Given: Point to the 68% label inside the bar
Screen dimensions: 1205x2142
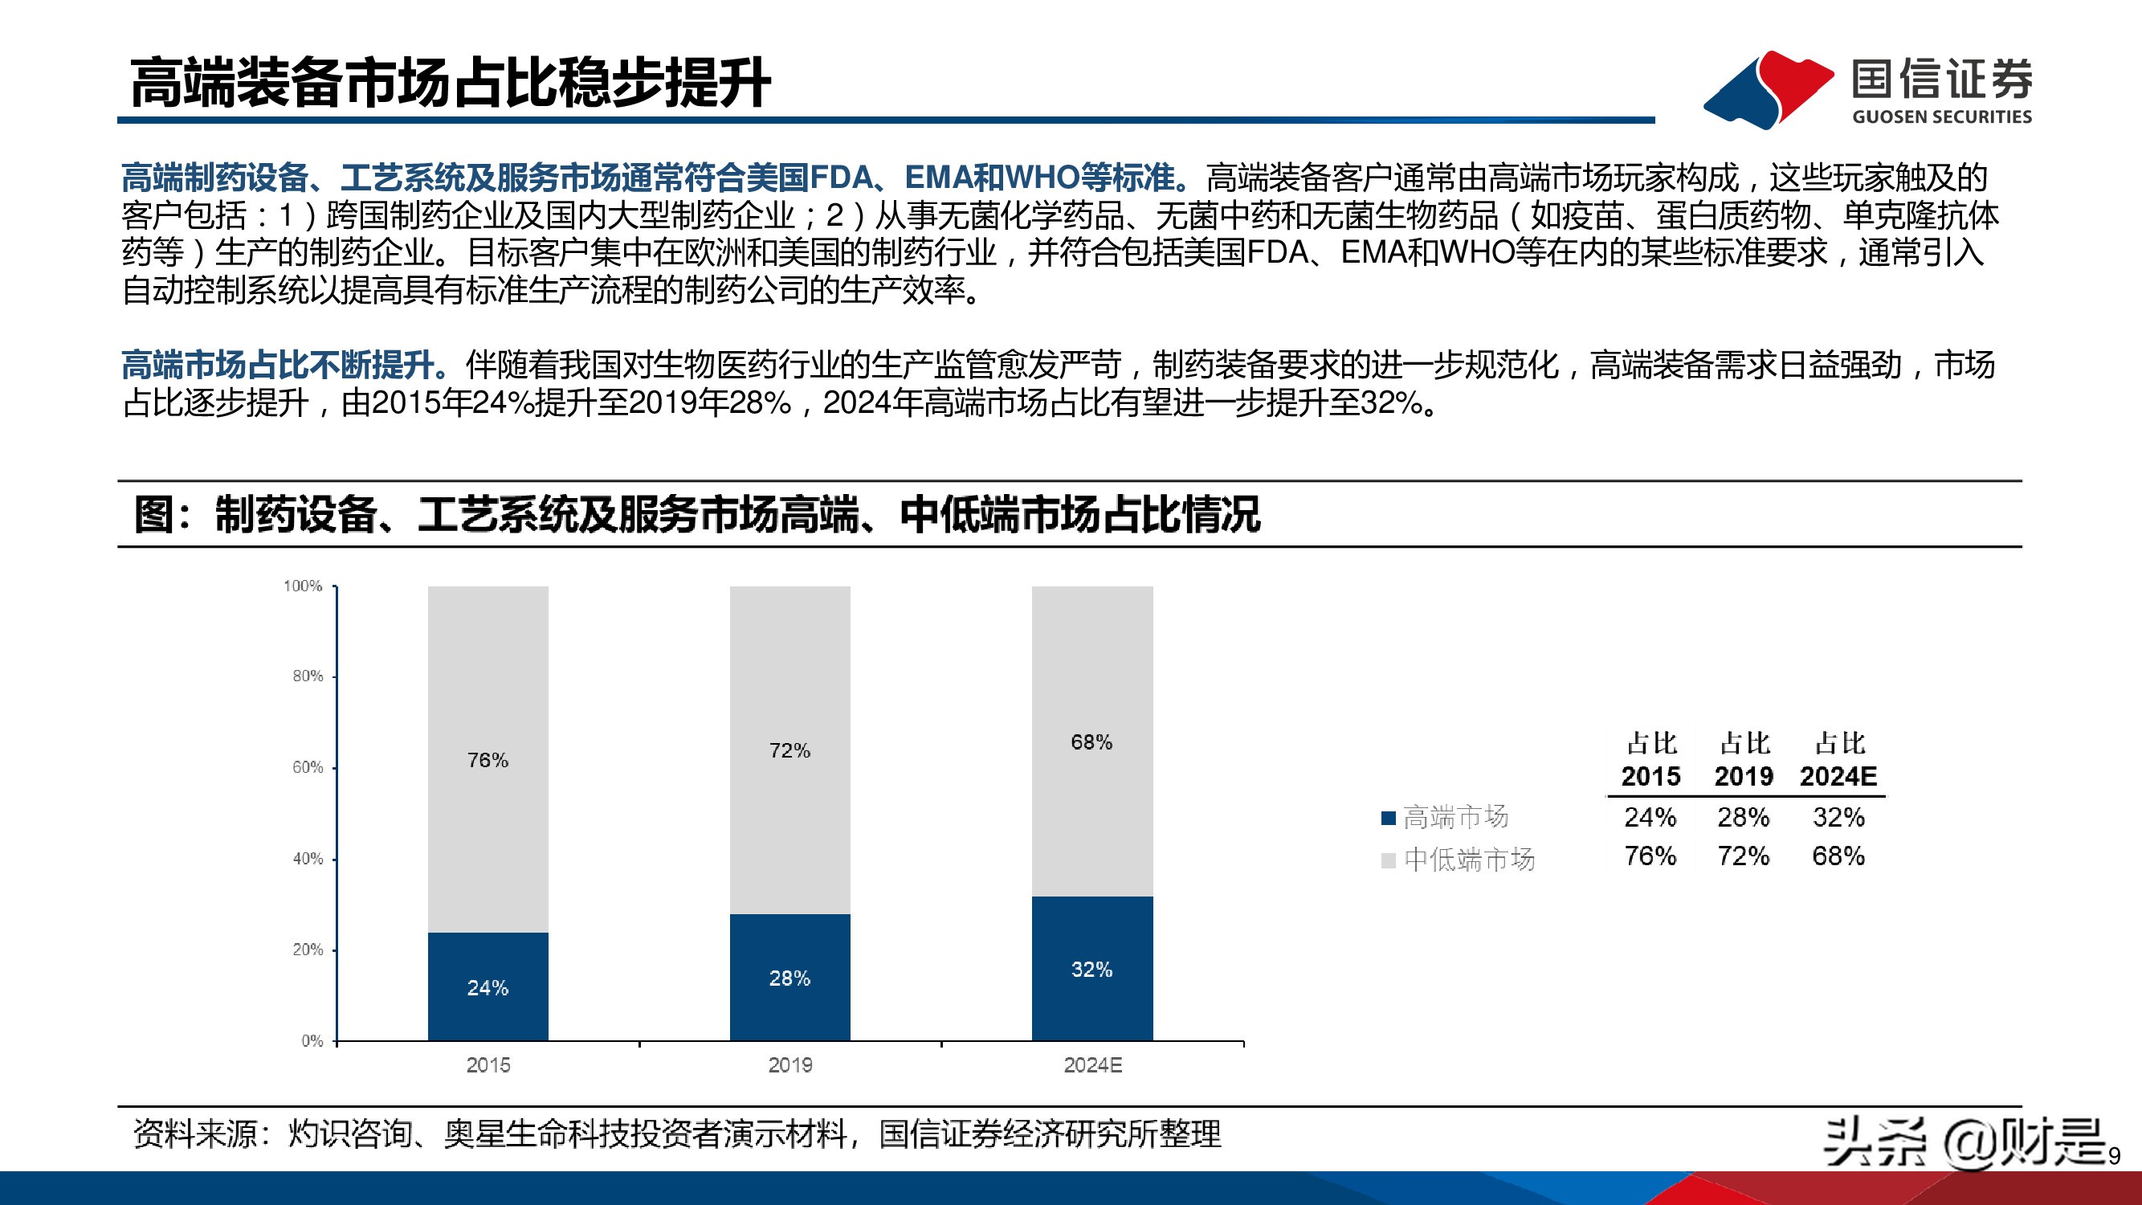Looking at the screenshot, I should coord(1091,741).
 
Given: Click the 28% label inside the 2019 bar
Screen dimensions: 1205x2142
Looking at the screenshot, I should coord(789,978).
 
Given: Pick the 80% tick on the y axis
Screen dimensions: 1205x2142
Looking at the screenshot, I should coord(308,676).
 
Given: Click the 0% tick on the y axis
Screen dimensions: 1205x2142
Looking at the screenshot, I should coord(312,1041).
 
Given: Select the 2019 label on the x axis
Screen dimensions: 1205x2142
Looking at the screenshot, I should coord(790,1065).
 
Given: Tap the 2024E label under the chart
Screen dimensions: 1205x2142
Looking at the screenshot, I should coord(1092,1065).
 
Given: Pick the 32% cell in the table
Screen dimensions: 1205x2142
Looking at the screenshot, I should coord(1838,818).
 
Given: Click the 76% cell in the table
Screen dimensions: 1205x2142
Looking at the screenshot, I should coord(1650,856).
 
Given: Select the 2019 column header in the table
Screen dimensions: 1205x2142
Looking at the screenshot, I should coord(1744,776).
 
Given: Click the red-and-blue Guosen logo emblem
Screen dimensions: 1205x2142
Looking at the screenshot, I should coord(1767,89).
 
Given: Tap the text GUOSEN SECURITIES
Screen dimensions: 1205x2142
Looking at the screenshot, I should coord(1941,116).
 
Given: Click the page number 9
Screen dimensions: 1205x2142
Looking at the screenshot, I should coord(2115,1156).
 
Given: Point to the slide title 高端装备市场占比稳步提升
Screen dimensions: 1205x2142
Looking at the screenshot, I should coord(450,84).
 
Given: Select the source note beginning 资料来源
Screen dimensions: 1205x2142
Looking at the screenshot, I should coord(677,1134).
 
